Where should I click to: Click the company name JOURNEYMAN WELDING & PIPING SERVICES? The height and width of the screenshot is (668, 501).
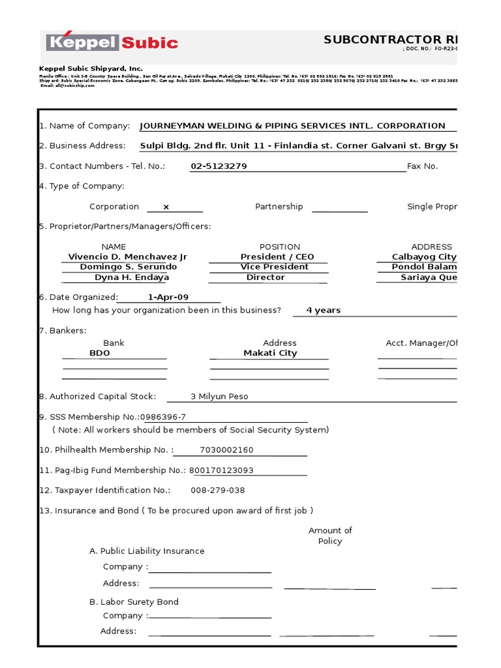[x=292, y=126]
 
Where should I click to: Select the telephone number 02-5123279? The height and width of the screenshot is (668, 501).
[x=219, y=166]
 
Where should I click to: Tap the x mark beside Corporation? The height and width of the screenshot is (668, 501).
[x=166, y=207]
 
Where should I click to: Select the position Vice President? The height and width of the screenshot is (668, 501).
[x=274, y=267]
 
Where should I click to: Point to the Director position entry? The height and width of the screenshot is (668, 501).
[x=266, y=277]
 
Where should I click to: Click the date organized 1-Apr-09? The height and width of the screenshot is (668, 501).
[x=168, y=297]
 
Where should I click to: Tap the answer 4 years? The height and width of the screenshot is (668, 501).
[x=324, y=311]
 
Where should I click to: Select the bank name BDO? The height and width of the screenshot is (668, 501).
[x=100, y=353]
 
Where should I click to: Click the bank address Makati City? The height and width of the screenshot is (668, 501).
[x=270, y=353]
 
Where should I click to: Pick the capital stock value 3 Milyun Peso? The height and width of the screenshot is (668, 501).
[x=219, y=397]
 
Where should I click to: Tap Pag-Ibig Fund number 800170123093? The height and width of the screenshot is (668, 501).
[x=221, y=470]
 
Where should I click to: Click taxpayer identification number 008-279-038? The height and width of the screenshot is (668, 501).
[x=217, y=491]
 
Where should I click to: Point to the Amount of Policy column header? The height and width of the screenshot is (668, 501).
[x=330, y=536]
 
